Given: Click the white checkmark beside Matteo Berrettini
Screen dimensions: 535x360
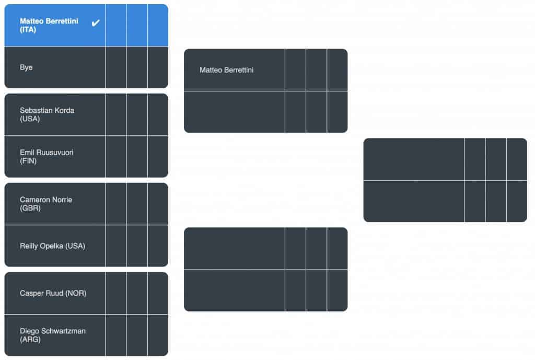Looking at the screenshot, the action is coord(96,23).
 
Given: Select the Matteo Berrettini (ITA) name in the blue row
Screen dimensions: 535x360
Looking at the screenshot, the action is coord(49,25).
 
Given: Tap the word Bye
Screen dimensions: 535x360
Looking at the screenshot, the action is coord(26,67).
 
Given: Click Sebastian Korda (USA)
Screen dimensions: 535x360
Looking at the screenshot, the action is coord(46,114).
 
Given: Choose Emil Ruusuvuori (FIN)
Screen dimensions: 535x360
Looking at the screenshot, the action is coord(46,157).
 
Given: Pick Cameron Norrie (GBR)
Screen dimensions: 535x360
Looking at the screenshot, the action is coord(46,204).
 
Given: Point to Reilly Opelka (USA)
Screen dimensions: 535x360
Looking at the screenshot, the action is coord(52,246).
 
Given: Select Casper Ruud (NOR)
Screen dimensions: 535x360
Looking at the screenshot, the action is coord(53,293).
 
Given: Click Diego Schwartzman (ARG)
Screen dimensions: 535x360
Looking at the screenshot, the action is coord(53,335).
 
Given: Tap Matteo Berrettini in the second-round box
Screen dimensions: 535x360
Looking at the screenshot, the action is coord(226,70).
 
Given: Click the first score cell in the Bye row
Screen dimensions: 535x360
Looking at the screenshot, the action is coord(116,67).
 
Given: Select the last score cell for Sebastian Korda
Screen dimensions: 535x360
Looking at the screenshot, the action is coord(158,114).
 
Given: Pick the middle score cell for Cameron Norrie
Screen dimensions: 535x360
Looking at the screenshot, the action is coord(137,204).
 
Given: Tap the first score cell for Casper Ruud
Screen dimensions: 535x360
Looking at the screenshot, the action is coord(116,293).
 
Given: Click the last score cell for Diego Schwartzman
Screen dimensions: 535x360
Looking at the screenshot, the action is coord(158,335).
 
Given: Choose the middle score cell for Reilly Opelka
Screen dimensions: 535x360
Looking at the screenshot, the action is coord(137,246).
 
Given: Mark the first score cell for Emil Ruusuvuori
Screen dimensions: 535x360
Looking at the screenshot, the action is coord(116,157).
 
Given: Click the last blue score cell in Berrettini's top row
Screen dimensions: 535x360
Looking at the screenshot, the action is coord(158,25).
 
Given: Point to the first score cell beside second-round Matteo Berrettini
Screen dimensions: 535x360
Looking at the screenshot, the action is coord(296,70).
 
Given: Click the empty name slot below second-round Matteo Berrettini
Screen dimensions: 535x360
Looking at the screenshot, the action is coord(235,112).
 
